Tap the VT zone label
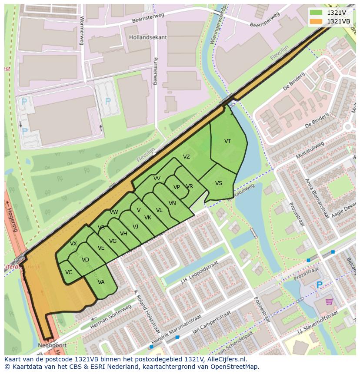227,141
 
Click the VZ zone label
186,157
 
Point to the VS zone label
218,183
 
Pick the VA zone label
101,282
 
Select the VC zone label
69,272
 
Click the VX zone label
73,244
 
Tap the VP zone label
177,187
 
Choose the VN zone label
172,203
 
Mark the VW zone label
114,212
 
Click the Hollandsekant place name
148,37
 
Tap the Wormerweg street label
81,30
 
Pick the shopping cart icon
329,301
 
